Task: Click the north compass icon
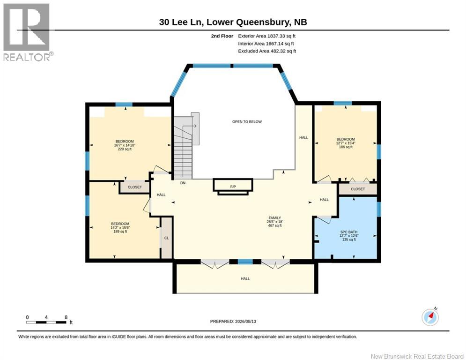coord(430,317)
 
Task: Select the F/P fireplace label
coord(233,187)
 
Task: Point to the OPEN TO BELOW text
coord(247,122)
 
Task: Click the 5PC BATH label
coord(349,232)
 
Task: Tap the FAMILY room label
coord(274,218)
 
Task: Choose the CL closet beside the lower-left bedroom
coord(166,238)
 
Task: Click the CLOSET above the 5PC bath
coord(358,189)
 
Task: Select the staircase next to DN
coord(184,147)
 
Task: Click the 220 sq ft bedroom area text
coord(125,149)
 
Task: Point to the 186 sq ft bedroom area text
coord(346,147)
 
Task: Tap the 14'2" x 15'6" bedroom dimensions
coord(120,228)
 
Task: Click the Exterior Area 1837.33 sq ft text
coord(266,36)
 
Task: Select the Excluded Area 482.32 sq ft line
coord(267,51)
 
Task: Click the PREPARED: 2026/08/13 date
coord(233,321)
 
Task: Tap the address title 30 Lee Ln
coord(181,22)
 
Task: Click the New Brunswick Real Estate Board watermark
coord(417,356)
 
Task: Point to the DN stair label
coord(183,183)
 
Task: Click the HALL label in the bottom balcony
coord(245,279)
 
